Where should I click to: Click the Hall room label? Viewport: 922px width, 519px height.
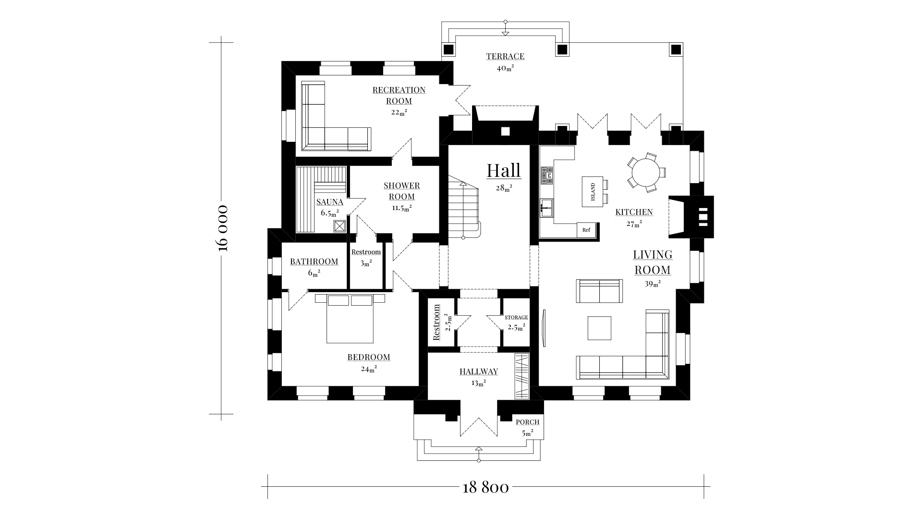[x=503, y=171]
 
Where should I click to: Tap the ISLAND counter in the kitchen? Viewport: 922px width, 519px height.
[x=593, y=192]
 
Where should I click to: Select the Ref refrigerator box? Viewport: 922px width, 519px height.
[x=586, y=230]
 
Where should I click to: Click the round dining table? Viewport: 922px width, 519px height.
[x=646, y=173]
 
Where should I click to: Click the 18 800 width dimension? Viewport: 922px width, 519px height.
[x=485, y=488]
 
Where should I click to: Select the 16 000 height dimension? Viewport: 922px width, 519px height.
[x=221, y=228]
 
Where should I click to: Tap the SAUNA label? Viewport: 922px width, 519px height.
[x=329, y=202]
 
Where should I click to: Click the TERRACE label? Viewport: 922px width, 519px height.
[x=505, y=57]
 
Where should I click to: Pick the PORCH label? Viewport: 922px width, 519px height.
[x=527, y=422]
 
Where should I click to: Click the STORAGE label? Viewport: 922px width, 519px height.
[x=516, y=318]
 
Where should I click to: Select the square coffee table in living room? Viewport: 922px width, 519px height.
[x=599, y=328]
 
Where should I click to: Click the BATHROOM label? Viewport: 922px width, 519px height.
[x=314, y=262]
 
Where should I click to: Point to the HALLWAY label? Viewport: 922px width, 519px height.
[x=478, y=371]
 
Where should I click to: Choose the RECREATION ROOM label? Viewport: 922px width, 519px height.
[x=399, y=95]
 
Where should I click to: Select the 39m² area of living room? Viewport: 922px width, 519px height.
[x=653, y=284]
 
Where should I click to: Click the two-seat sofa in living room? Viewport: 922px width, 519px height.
[x=599, y=291]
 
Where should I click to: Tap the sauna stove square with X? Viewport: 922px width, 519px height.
[x=340, y=226]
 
